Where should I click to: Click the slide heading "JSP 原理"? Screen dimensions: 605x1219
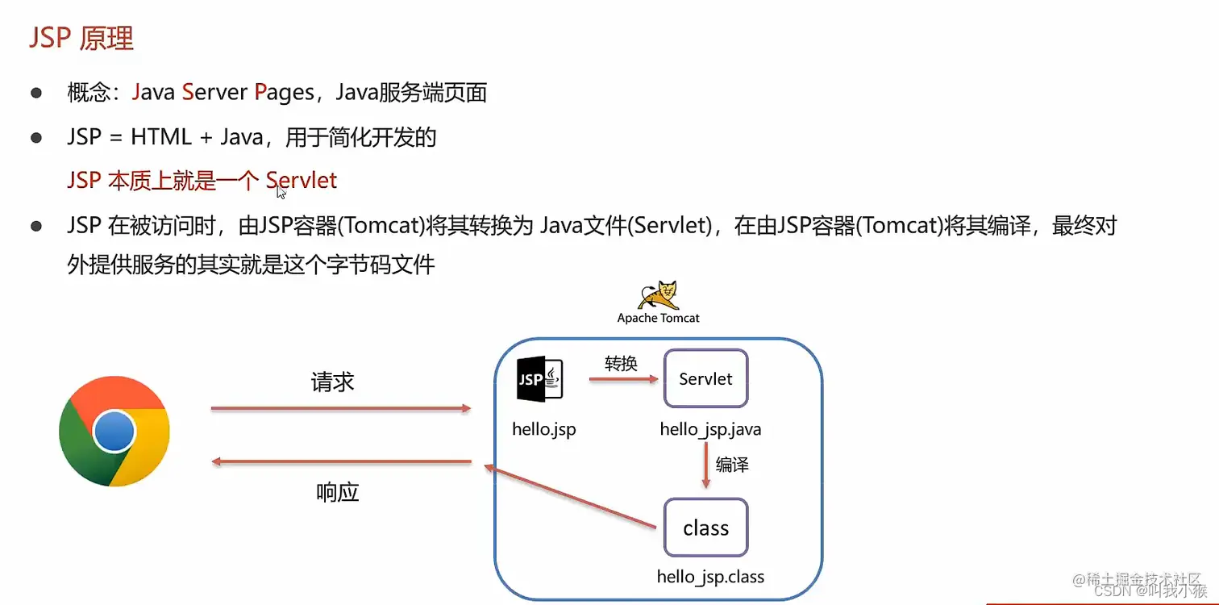pos(81,39)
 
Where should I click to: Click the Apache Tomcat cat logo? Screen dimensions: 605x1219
pos(658,296)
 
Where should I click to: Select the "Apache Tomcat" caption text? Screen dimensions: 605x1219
pos(658,318)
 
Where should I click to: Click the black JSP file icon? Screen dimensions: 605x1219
pos(539,379)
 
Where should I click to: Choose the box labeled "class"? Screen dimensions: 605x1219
pos(705,528)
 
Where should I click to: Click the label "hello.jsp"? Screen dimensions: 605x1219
pos(544,429)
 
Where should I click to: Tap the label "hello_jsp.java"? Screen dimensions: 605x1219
pos(710,429)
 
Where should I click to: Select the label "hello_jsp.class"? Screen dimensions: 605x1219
pos(710,577)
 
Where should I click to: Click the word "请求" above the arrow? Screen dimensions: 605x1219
pos(332,382)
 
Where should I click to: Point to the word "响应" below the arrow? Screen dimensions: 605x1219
pos(337,492)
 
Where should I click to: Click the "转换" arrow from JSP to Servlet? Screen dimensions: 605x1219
pos(621,378)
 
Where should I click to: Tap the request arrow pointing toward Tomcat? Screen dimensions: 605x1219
pos(340,409)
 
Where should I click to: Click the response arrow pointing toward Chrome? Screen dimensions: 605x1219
pos(340,461)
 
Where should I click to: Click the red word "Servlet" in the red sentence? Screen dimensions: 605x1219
pos(302,180)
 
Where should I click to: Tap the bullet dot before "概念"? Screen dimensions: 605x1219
pos(36,93)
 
